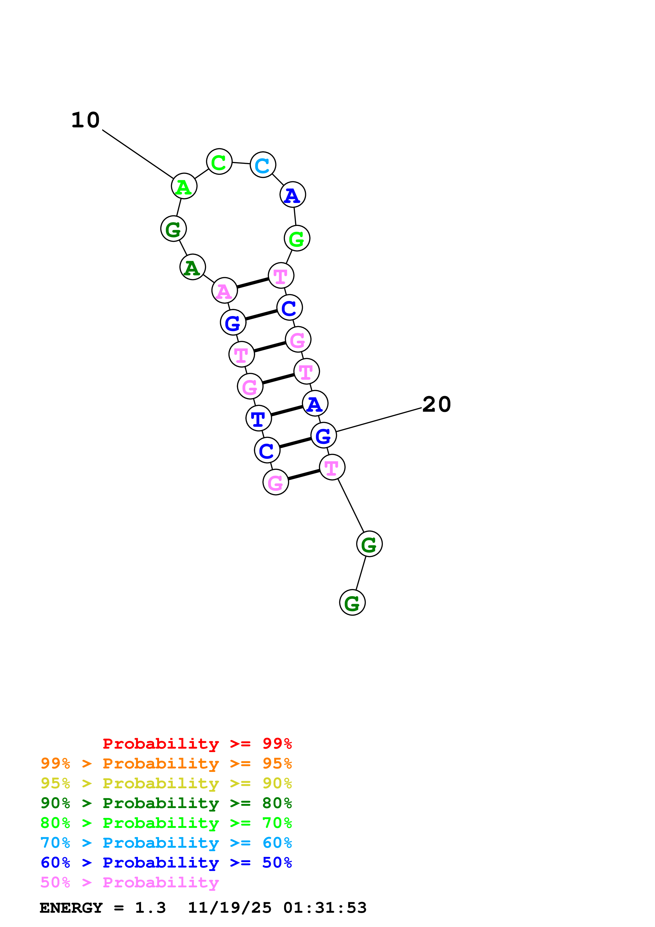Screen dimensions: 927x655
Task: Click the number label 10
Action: (x=85, y=120)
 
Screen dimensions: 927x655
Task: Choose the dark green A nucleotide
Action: (x=193, y=267)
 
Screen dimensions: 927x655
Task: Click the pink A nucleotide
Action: (x=224, y=290)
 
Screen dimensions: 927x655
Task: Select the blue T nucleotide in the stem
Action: (x=258, y=418)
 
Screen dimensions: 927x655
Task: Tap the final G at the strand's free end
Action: (x=352, y=602)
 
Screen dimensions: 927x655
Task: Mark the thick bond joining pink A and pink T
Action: (x=253, y=283)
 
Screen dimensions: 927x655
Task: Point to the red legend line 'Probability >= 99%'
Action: (x=197, y=743)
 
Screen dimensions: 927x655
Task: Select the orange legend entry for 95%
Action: (x=166, y=763)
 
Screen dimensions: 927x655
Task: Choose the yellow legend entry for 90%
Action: (x=166, y=783)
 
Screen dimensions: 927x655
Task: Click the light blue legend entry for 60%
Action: (x=166, y=843)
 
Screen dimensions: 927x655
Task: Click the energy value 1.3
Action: (x=150, y=908)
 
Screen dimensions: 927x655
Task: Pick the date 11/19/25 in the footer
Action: (x=230, y=908)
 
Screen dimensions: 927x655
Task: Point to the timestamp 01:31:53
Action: (x=325, y=908)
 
